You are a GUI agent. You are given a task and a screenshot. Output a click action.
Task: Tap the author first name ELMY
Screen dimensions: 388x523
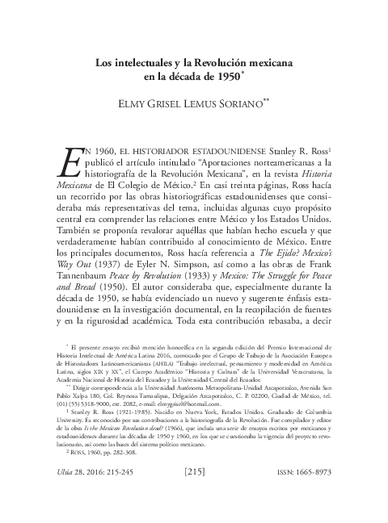click(x=136, y=105)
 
